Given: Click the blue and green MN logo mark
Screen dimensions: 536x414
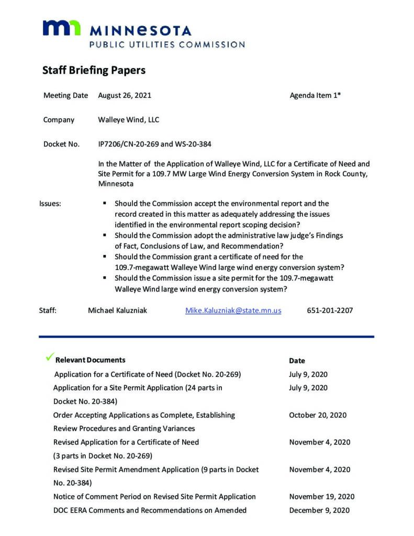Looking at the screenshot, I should point(61,28).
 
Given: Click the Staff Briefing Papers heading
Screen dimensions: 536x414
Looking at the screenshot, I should point(94,70).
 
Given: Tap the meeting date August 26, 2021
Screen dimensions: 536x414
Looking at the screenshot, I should point(125,96).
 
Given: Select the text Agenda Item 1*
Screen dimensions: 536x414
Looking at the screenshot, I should point(315,96).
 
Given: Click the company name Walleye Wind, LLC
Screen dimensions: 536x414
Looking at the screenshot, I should point(128,120).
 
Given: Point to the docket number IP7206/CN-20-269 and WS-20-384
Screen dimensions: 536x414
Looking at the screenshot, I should point(154,144).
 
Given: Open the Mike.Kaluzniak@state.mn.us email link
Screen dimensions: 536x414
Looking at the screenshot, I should point(233,310).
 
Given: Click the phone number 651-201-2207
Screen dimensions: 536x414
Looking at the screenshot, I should point(330,310).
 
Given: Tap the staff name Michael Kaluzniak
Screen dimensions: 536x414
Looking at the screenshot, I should point(117,310).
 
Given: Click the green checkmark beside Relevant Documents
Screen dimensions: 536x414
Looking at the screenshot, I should point(50,358).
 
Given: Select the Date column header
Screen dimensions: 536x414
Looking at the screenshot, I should point(297,361).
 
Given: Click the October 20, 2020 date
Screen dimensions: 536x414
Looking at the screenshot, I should point(318,415).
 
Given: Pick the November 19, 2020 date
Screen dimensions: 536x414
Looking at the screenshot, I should point(321,497).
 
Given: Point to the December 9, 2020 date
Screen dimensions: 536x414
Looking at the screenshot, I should point(319,510).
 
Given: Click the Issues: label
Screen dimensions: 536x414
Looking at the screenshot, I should point(50,204).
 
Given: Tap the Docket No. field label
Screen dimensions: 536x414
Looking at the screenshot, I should point(61,144).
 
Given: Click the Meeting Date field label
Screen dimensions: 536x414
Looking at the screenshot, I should point(65,96).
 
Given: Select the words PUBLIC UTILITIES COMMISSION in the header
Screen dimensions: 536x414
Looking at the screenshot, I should point(167,45).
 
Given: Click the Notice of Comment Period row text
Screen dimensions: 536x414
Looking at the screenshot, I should point(154,497).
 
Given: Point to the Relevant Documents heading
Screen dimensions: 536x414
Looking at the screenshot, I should point(90,360).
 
